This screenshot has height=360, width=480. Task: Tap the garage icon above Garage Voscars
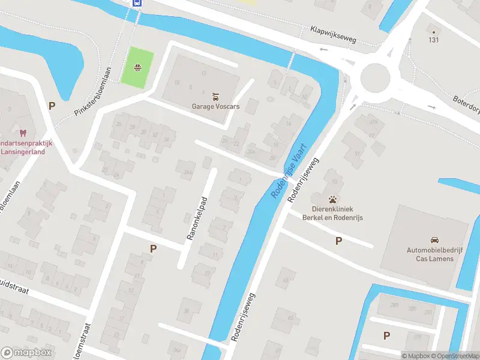pyautogui.click(x=215, y=96)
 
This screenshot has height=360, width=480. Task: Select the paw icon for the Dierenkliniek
pyautogui.click(x=332, y=199)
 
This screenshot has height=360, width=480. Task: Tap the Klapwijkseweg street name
pyautogui.click(x=334, y=34)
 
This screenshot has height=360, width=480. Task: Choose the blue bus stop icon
pyautogui.click(x=137, y=2)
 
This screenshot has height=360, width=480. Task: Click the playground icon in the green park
pyautogui.click(x=137, y=67)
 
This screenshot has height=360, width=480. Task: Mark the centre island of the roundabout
pyautogui.click(x=376, y=76)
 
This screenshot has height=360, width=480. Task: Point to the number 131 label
pyautogui.click(x=433, y=40)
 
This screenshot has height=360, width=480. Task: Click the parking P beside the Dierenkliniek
pyautogui.click(x=338, y=241)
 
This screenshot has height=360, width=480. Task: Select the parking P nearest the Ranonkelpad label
pyautogui.click(x=153, y=248)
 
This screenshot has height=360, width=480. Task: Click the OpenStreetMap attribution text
pyautogui.click(x=459, y=356)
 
